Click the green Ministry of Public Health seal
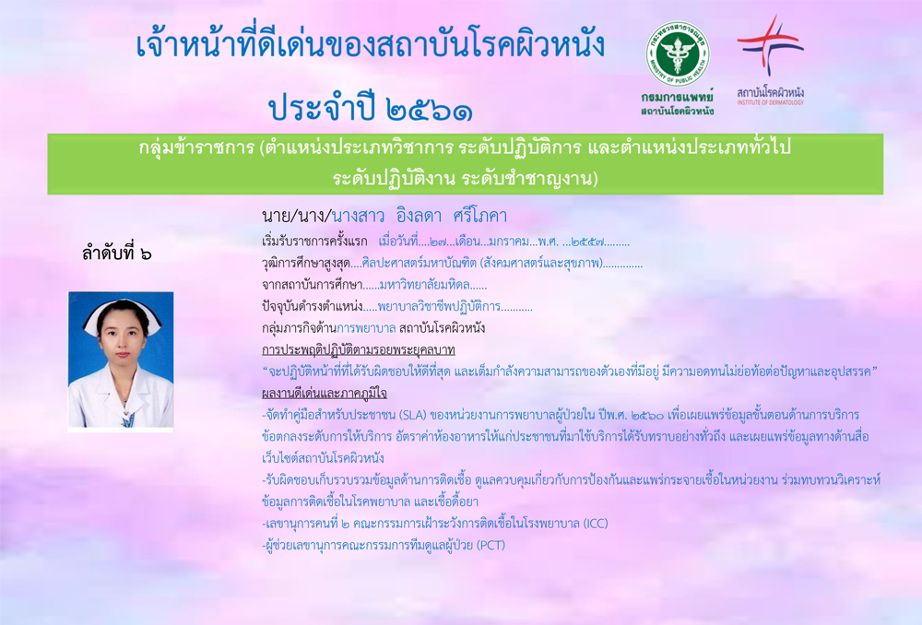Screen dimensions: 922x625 pyautogui.click(x=678, y=54)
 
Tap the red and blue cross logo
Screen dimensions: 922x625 pyautogui.click(x=771, y=44)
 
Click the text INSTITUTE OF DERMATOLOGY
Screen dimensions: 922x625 pyautogui.click(x=770, y=102)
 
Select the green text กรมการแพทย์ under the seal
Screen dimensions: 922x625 pyautogui.click(x=678, y=97)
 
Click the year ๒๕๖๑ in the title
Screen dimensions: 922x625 pyautogui.click(x=430, y=110)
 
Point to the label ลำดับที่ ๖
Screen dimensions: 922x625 pyautogui.click(x=117, y=254)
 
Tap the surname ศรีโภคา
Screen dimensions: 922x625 pyautogui.click(x=479, y=216)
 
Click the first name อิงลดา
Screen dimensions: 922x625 pyautogui.click(x=420, y=216)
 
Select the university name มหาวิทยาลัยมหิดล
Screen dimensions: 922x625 pyautogui.click(x=424, y=285)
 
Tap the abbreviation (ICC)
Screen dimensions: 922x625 pyautogui.click(x=596, y=524)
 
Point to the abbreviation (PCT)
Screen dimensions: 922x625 pyautogui.click(x=491, y=545)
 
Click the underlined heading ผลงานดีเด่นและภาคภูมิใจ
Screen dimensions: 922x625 pyautogui.click(x=325, y=394)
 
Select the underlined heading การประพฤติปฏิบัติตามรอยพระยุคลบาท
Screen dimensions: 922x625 pyautogui.click(x=359, y=350)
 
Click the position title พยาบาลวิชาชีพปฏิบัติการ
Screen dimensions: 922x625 pyautogui.click(x=439, y=306)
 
